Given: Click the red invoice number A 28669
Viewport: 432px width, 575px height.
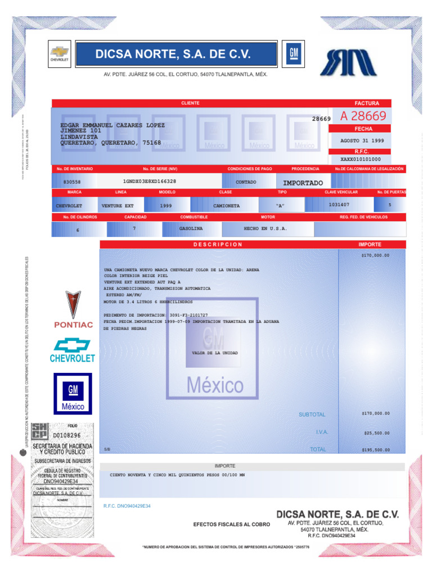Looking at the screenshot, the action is pyautogui.click(x=363, y=116).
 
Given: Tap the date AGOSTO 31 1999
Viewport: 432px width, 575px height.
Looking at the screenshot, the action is pyautogui.click(x=362, y=140).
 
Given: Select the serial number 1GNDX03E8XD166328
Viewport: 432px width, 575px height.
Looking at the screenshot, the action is pyautogui.click(x=149, y=181).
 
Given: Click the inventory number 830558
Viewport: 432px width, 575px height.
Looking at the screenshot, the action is pyautogui.click(x=72, y=182).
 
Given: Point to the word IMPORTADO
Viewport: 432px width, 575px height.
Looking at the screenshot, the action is pyautogui.click(x=303, y=183).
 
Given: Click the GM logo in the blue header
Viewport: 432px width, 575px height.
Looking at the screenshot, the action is pyautogui.click(x=292, y=53).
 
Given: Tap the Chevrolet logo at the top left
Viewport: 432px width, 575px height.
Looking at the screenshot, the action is pyautogui.click(x=59, y=53).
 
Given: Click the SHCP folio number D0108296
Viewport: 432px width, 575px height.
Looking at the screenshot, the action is pyautogui.click(x=66, y=435).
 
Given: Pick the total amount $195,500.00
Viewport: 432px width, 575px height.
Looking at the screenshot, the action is pyautogui.click(x=375, y=450).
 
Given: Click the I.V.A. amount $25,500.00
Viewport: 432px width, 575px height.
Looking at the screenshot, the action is pyautogui.click(x=377, y=433).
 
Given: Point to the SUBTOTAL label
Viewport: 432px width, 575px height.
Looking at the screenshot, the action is pyautogui.click(x=312, y=414).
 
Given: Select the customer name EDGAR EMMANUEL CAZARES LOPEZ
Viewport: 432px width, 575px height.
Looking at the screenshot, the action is pyautogui.click(x=112, y=125).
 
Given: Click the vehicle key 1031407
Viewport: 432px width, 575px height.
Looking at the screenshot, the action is pyautogui.click(x=339, y=205).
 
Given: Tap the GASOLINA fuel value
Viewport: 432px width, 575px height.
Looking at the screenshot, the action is pyautogui.click(x=191, y=229).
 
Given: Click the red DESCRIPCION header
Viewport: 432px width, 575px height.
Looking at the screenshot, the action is pyautogui.click(x=218, y=245).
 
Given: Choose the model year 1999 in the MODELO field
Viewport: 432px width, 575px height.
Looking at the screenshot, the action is pyautogui.click(x=165, y=206).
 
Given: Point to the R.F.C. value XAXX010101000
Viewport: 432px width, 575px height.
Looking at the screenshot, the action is pyautogui.click(x=361, y=159).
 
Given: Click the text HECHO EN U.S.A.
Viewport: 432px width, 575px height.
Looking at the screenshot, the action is pyautogui.click(x=265, y=229).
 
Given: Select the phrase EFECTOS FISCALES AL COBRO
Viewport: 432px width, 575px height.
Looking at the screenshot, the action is pyautogui.click(x=231, y=524).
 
